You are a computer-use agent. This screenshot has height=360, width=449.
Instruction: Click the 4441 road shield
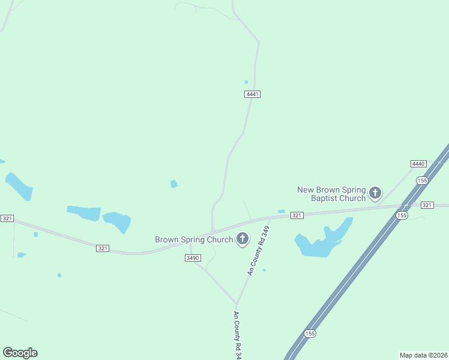tap(253, 94)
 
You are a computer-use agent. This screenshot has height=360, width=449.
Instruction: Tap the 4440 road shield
tap(418, 164)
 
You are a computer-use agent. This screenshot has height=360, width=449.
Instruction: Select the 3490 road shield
tap(192, 257)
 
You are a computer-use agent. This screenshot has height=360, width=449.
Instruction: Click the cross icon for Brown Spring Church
tap(243, 239)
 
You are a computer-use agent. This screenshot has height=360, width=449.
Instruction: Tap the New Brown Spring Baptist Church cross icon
tap(375, 193)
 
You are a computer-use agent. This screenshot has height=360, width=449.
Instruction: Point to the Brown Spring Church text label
tap(194, 239)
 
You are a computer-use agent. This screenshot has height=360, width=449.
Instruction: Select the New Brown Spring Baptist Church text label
tap(331, 194)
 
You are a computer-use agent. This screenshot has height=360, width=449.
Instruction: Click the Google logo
tap(20, 353)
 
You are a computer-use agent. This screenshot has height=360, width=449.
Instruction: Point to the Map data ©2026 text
tap(423, 355)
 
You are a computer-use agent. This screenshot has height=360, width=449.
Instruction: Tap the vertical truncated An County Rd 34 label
tap(238, 335)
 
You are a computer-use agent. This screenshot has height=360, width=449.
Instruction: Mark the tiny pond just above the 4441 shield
tap(246, 82)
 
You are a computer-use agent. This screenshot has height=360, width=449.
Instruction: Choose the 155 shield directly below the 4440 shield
tap(422, 180)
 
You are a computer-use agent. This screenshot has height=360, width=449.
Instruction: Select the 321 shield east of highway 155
tap(427, 205)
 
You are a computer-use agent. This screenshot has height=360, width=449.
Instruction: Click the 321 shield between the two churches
tap(297, 215)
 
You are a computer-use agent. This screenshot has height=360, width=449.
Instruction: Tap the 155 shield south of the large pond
tap(310, 334)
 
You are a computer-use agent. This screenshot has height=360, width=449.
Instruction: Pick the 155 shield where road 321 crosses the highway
tap(402, 215)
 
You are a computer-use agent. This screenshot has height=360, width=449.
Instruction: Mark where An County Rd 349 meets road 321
tap(270, 218)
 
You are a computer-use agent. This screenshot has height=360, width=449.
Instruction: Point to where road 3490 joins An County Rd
tap(237, 304)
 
